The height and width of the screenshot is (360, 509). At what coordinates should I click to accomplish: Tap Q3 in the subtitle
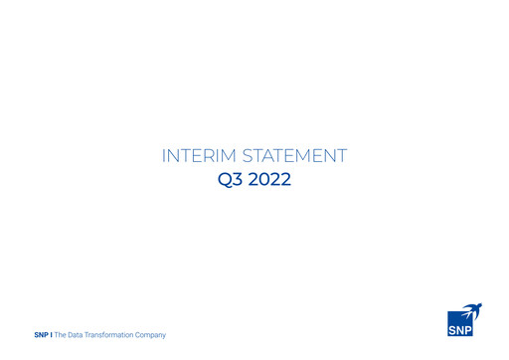(229, 182)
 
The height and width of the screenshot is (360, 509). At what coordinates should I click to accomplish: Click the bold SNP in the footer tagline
(42, 335)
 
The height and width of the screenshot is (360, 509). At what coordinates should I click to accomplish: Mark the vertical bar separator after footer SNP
(52, 335)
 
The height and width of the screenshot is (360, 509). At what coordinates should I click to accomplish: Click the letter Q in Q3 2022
(224, 182)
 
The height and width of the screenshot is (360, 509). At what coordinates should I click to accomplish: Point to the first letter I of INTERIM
(163, 156)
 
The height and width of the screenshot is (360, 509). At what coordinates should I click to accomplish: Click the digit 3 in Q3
(236, 182)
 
